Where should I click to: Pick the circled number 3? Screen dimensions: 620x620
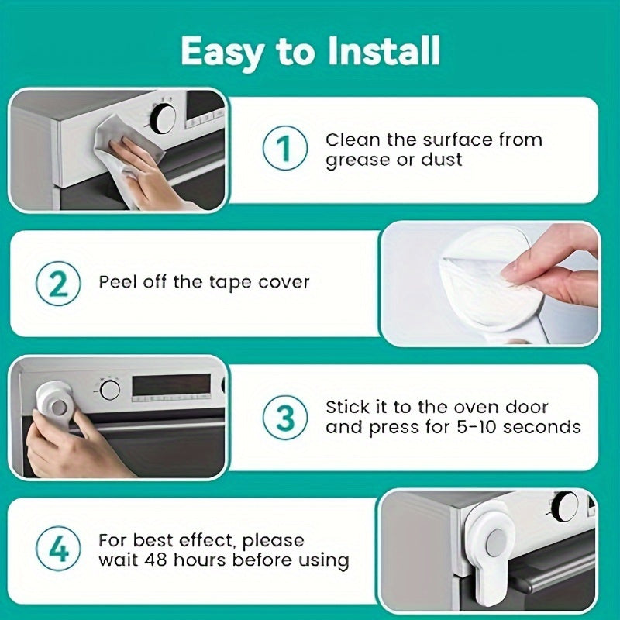[x=284, y=418]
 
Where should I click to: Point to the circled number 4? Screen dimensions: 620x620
[x=57, y=549]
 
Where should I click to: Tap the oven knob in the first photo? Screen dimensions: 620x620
[x=163, y=118]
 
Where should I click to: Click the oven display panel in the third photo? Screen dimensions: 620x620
[x=170, y=387]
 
